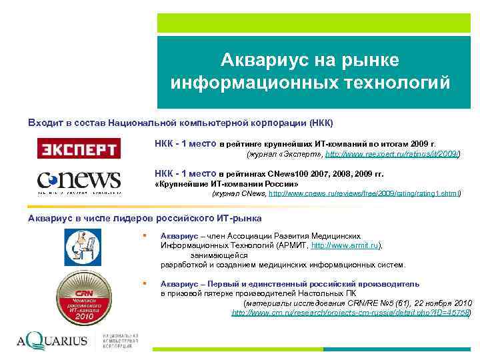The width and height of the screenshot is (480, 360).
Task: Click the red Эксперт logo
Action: pos(78,148)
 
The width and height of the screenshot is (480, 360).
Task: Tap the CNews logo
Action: pos(79,182)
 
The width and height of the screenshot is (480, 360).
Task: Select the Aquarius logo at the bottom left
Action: pos(53,341)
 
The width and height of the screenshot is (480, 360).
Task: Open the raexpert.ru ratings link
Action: pos(392,154)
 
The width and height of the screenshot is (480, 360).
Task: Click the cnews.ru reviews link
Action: pos(364,193)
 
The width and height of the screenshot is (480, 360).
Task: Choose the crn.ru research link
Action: pos(351,312)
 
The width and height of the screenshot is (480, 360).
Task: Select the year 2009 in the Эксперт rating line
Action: pos(419,143)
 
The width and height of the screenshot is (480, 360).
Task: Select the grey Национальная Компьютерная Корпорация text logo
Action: pos(120,340)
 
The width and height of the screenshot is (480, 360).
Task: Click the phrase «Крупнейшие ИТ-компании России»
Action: pos(227,183)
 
